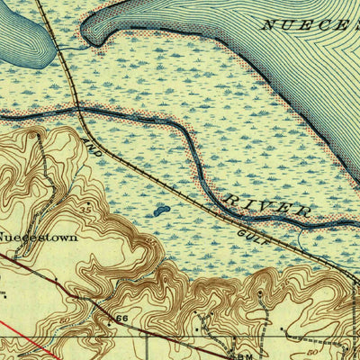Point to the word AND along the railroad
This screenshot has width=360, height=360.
[x=91, y=147]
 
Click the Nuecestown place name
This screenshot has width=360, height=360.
[x=37, y=239]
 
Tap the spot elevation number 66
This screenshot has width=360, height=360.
[x=122, y=319]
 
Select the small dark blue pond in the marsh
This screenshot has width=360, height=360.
[x=159, y=211]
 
